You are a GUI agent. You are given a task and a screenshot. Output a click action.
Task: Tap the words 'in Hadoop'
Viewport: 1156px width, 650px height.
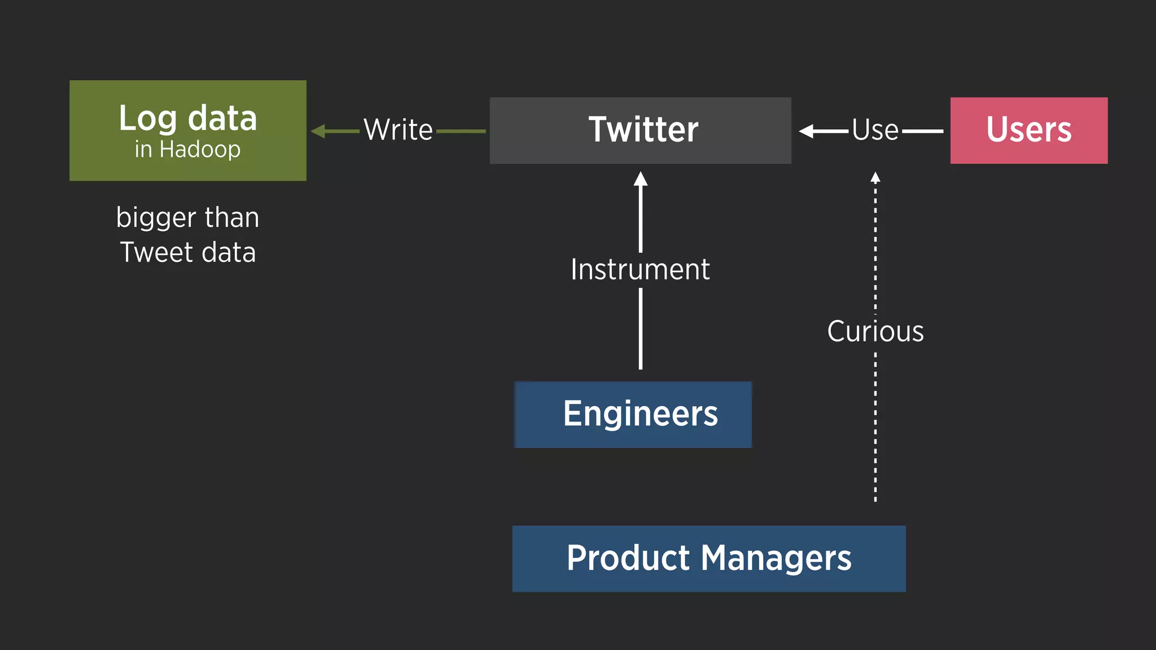pyautogui.click(x=188, y=150)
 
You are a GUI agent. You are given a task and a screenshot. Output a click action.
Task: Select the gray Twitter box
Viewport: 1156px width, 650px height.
pyautogui.click(x=640, y=130)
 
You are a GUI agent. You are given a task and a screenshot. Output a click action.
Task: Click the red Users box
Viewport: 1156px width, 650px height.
pyautogui.click(x=1028, y=130)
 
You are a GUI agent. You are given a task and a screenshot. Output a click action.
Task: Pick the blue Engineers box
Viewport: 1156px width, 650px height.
pyautogui.click(x=633, y=415)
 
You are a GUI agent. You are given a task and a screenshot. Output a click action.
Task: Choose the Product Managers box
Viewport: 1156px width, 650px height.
pyautogui.click(x=708, y=559)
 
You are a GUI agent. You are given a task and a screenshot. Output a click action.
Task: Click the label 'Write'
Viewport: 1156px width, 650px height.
pyautogui.click(x=398, y=130)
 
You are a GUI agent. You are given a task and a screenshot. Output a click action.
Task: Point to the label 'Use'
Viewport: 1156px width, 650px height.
pyautogui.click(x=875, y=130)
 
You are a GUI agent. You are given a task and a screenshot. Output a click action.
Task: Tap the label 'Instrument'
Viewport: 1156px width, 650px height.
pyautogui.click(x=640, y=270)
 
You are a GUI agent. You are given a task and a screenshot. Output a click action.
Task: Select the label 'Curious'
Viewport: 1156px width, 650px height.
pyautogui.click(x=875, y=331)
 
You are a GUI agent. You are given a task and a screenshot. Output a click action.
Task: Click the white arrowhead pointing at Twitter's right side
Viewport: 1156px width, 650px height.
pyautogui.click(x=807, y=131)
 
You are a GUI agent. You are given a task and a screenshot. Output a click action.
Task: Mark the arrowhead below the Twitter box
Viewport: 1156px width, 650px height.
pyautogui.click(x=640, y=179)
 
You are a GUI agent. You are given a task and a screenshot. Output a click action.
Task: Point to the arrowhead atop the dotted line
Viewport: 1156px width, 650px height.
pyautogui.click(x=875, y=177)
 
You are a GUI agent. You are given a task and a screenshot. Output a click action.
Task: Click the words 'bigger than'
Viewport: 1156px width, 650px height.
pyautogui.click(x=188, y=218)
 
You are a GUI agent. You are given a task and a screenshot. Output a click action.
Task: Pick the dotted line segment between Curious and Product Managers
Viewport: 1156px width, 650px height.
pyautogui.click(x=875, y=429)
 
